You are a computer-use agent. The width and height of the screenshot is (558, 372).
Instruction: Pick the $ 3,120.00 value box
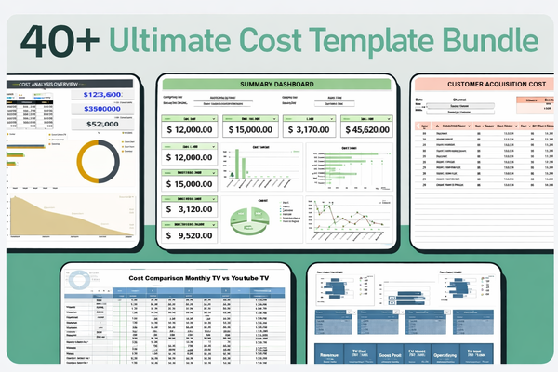(x=188, y=210)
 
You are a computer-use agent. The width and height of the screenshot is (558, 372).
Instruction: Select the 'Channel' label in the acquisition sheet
(x=459, y=97)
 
